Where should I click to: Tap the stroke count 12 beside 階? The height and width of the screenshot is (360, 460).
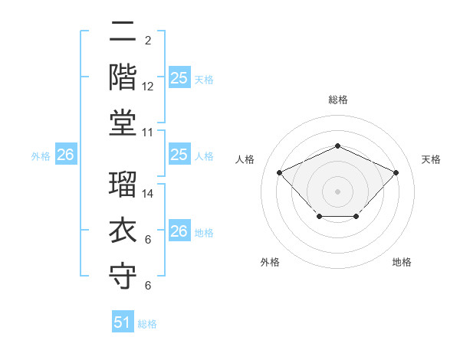pyautogui.click(x=148, y=87)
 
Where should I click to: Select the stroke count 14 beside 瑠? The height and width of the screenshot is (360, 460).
pyautogui.click(x=148, y=195)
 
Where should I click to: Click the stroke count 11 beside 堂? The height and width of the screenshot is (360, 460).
pyautogui.click(x=148, y=133)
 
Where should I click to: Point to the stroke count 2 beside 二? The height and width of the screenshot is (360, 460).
pyautogui.click(x=148, y=40)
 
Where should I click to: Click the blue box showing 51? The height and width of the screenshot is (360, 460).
pyautogui.click(x=123, y=322)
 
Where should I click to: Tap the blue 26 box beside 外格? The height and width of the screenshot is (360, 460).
pyautogui.click(x=65, y=155)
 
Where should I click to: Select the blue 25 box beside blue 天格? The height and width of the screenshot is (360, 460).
pyautogui.click(x=179, y=77)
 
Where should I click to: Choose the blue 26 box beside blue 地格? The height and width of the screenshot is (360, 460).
pyautogui.click(x=179, y=231)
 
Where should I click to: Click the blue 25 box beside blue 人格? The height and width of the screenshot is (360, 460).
pyautogui.click(x=179, y=155)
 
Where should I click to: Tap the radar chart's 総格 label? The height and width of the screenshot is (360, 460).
pyautogui.click(x=337, y=100)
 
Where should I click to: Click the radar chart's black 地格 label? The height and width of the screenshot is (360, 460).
pyautogui.click(x=402, y=263)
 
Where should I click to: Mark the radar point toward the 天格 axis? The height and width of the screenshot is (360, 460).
pyautogui.click(x=396, y=172)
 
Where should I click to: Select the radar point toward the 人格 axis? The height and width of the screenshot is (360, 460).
pyautogui.click(x=280, y=172)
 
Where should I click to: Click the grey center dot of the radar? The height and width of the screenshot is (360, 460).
pyautogui.click(x=337, y=191)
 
